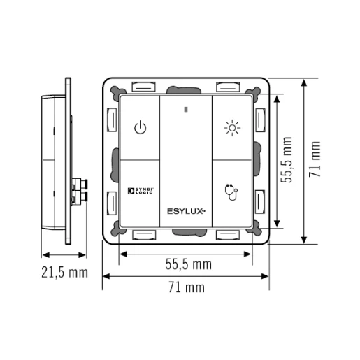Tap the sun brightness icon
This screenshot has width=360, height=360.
coord(231,128)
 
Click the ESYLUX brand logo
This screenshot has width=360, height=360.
coord(185,210)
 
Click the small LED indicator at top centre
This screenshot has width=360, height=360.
coord(185,109)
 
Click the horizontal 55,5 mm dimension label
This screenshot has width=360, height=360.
coord(189,264)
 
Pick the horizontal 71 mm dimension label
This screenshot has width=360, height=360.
coord(186,287)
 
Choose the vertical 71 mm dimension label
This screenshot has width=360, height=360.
coord(316,160)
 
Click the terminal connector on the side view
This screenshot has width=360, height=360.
coord(79,189)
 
